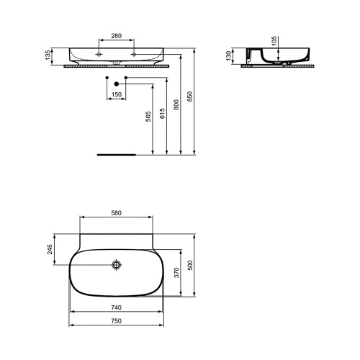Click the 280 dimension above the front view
coord(116,36)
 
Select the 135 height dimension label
coord(49,55)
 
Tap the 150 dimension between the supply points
coord(116,94)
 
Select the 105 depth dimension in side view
coord(273,41)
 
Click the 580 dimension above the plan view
coord(116,212)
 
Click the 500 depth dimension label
coord(191,264)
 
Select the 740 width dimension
coord(116,307)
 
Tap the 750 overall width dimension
coord(116,321)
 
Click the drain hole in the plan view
coord(116,265)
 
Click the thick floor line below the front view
coord(116,154)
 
